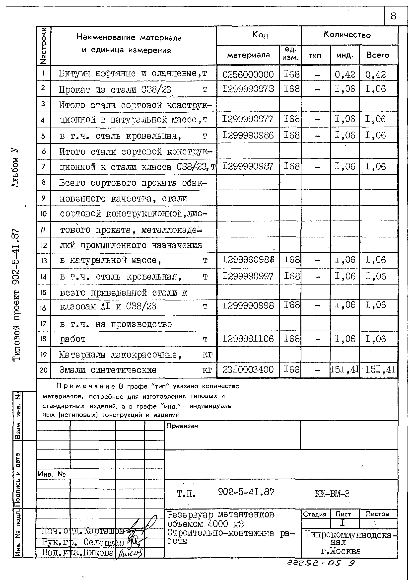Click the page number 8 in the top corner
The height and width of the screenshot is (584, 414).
pos(393,16)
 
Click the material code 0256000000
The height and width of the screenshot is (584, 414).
pos(248,74)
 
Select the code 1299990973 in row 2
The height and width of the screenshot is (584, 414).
pos(248,89)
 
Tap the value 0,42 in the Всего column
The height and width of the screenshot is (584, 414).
pos(375,75)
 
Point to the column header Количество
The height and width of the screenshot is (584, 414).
pos(347,35)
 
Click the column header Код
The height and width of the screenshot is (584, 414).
pos(260,35)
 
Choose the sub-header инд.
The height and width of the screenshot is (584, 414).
pos(345,55)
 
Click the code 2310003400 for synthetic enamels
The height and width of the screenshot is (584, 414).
pos(248,369)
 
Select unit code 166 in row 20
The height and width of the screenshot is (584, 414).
pos(291,369)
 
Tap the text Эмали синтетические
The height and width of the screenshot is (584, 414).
pos(108,370)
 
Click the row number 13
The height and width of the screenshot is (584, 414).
pos(44,261)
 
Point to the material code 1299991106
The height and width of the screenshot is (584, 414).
pos(248,339)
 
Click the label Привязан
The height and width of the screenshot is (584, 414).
pos(182,426)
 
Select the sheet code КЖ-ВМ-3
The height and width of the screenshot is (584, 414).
pos(332,494)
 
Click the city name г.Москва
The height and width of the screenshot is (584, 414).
pos(340,551)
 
